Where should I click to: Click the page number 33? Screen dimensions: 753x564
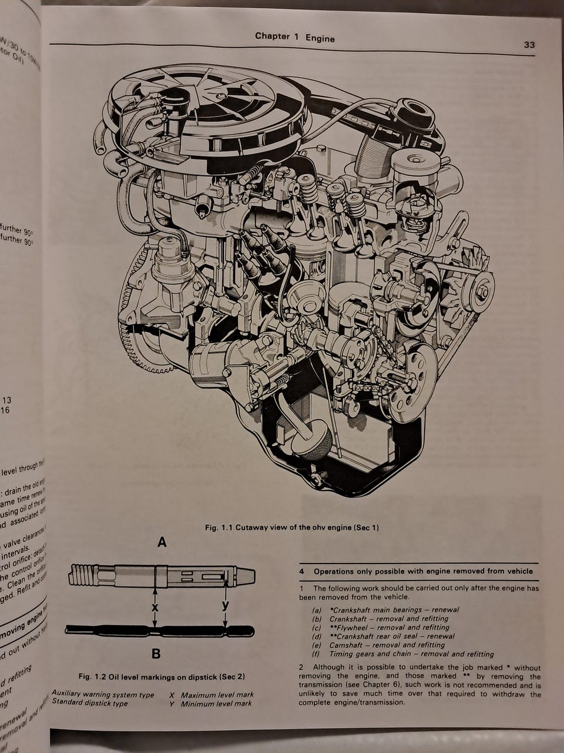[x=529, y=45]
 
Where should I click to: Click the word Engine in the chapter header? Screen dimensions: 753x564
[x=320, y=38]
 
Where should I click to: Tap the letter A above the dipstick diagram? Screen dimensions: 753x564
[x=162, y=544]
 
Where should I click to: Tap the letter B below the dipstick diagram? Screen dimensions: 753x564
[x=156, y=653]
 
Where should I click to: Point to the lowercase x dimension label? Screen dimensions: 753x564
[x=155, y=606]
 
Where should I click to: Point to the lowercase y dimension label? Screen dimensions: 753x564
[x=226, y=605]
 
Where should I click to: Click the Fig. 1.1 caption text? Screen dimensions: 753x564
[x=292, y=528]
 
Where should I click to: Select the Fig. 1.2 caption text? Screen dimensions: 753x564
[x=161, y=677]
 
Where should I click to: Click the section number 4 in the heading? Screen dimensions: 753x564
[x=301, y=571]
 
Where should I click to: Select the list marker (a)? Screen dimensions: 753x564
[x=317, y=610]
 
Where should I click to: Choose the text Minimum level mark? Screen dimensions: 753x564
[x=216, y=704]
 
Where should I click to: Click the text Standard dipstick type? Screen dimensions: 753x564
[x=89, y=703]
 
